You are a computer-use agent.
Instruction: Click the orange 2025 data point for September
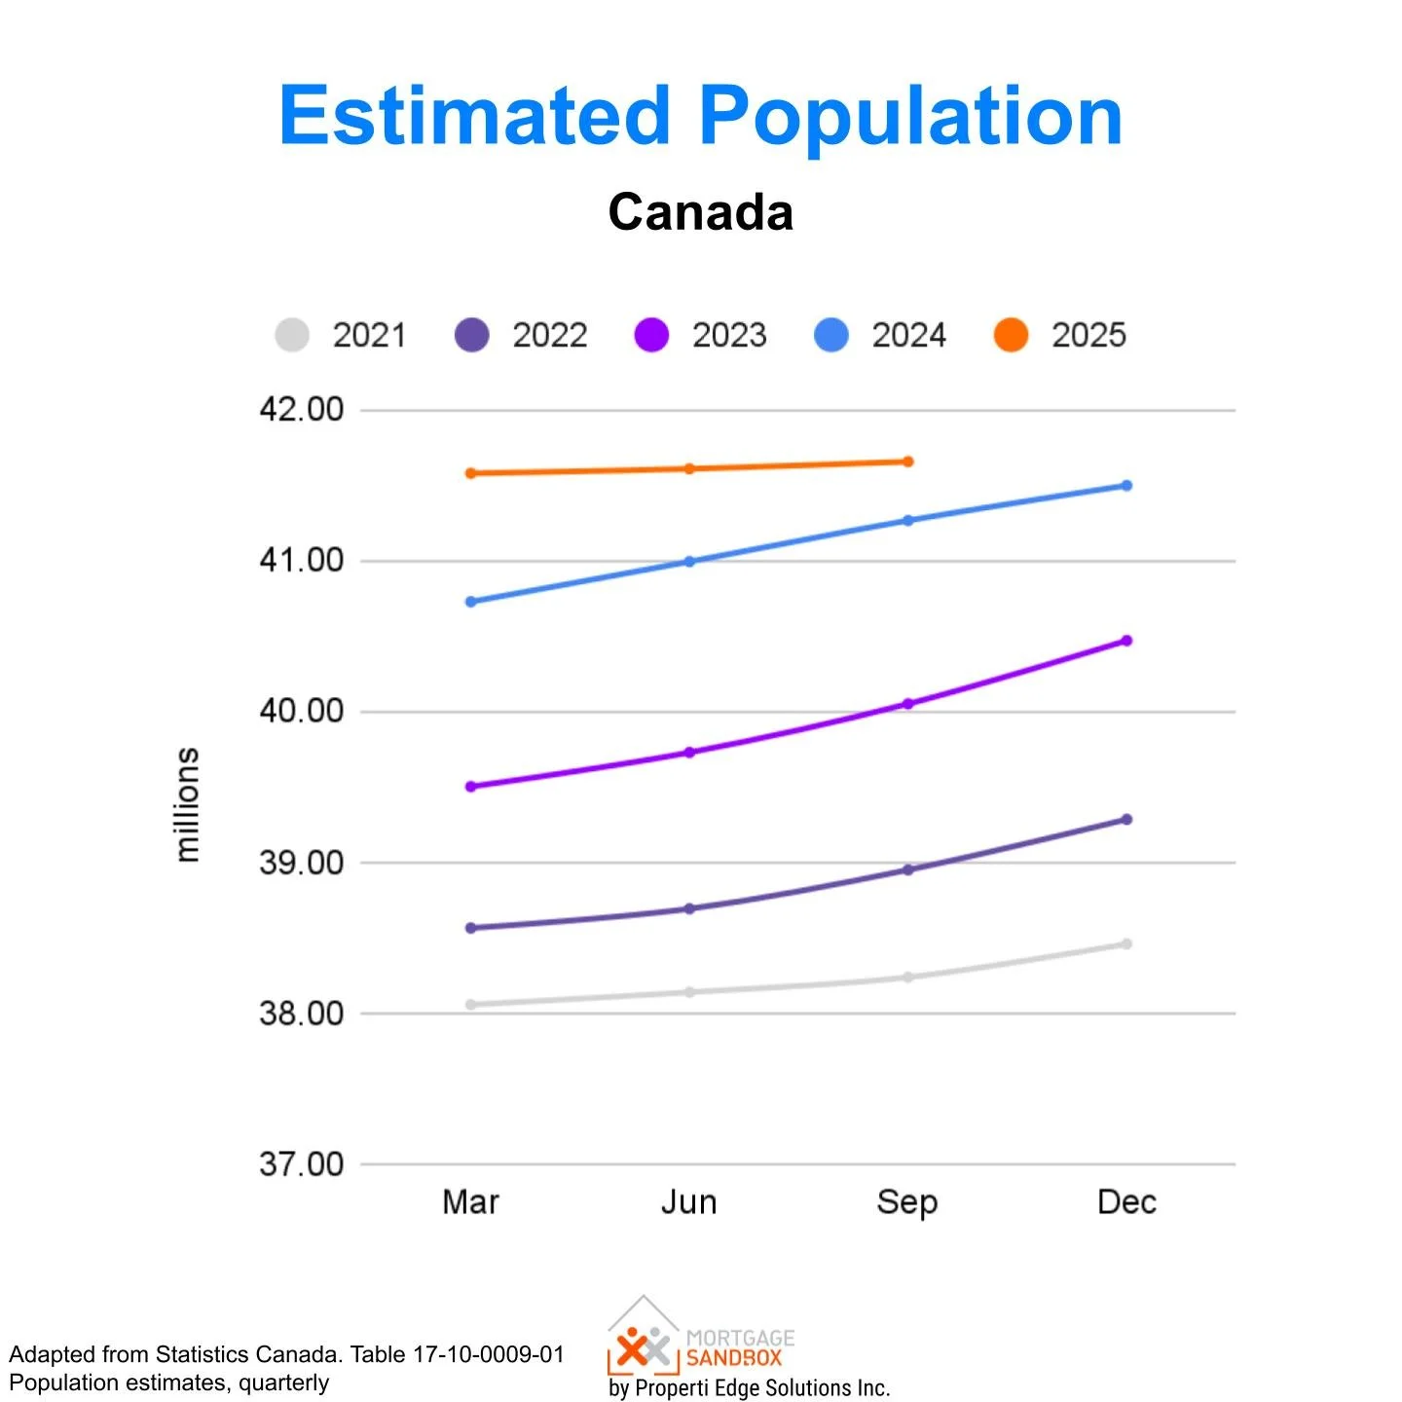(x=907, y=461)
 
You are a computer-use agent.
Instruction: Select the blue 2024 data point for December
(x=1126, y=485)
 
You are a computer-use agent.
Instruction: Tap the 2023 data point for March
(x=471, y=786)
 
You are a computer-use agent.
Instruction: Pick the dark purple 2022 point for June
(x=689, y=908)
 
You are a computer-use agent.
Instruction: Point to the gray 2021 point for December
(x=1126, y=943)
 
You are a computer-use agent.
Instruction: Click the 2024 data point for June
(x=689, y=561)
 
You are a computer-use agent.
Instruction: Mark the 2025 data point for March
(x=471, y=473)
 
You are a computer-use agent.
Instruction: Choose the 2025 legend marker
(x=1011, y=335)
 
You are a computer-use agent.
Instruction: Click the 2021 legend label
(x=369, y=335)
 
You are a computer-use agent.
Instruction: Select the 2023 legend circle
(x=651, y=335)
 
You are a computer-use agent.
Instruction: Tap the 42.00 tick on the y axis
(x=302, y=409)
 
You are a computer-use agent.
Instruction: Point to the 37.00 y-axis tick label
(x=302, y=1163)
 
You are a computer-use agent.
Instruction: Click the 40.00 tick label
(x=302, y=711)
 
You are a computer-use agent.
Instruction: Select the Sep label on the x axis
(x=906, y=1202)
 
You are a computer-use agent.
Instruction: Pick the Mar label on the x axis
(x=471, y=1202)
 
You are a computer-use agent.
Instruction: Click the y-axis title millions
(x=187, y=804)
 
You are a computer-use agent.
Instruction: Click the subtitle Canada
(x=700, y=211)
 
